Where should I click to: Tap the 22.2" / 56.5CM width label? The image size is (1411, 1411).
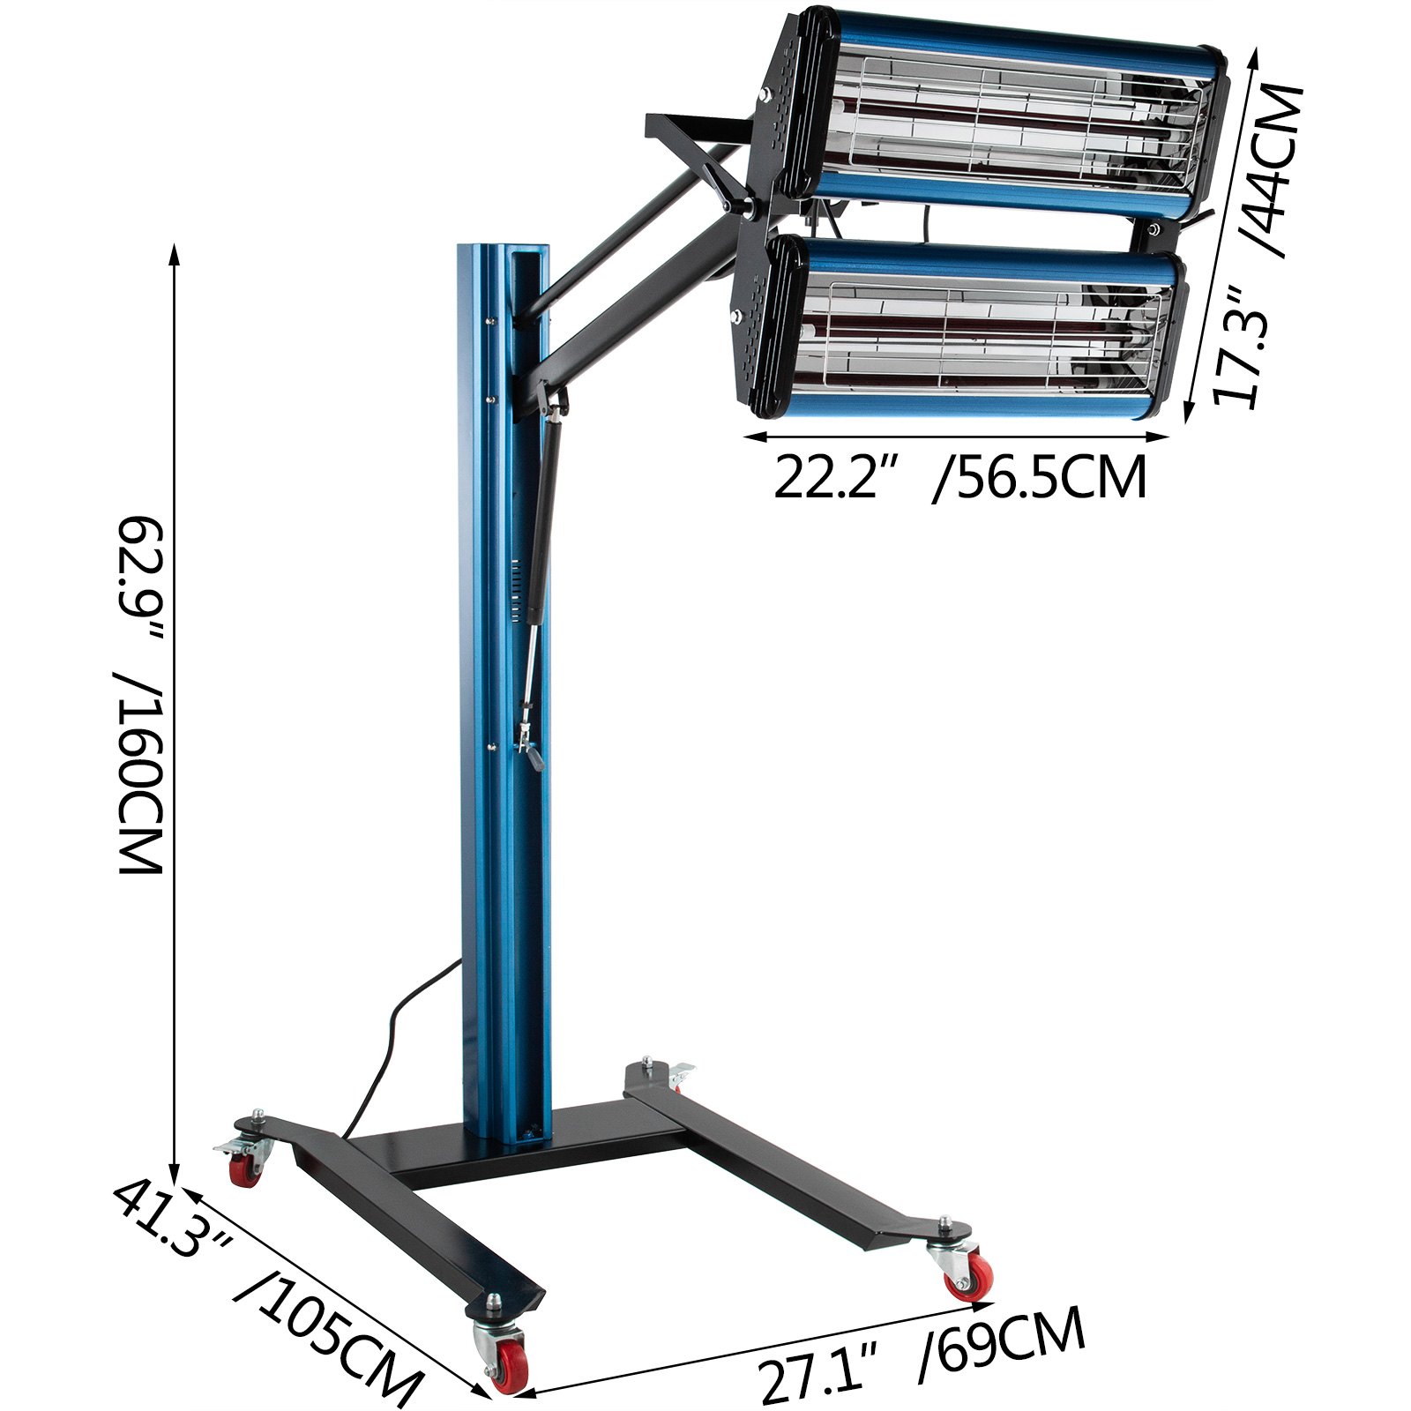point(959,478)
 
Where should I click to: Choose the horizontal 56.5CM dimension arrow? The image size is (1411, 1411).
point(957,435)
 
